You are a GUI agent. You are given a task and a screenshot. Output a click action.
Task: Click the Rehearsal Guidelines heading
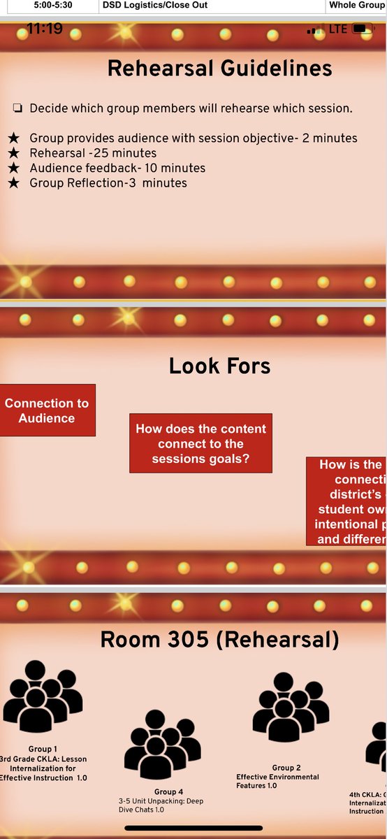point(219,69)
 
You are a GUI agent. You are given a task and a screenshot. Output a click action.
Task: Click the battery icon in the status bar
point(360,29)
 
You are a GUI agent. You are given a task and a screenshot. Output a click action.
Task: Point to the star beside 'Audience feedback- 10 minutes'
point(13,168)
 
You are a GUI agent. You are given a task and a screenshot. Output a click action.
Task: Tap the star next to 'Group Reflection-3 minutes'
point(13,183)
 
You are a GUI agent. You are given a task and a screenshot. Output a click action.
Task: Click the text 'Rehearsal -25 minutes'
point(93,153)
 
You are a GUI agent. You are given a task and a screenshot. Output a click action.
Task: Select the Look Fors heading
point(219,366)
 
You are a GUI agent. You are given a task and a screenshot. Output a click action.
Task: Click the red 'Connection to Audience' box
point(47,410)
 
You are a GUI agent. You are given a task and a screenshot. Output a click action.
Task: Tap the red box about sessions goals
point(201,443)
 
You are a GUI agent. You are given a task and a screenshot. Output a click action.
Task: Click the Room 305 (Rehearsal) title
point(219,639)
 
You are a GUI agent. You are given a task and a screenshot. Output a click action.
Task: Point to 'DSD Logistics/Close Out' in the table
point(154,5)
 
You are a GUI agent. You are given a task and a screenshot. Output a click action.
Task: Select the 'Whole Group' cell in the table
point(356,5)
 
